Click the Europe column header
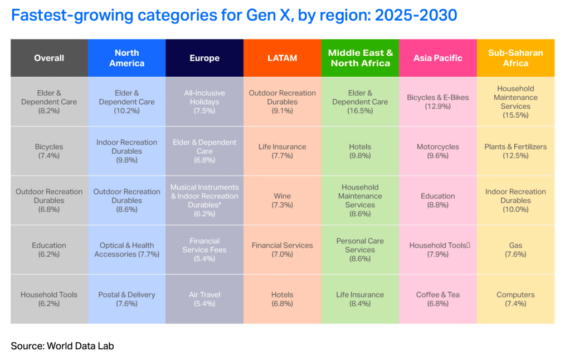(204, 58)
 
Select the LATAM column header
(282, 58)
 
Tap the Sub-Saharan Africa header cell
(515, 58)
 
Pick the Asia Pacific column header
(438, 58)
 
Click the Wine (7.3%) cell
(282, 201)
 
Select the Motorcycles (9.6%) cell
(438, 152)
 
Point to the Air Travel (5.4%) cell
(204, 299)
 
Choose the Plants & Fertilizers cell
(515, 152)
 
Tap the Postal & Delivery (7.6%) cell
(126, 299)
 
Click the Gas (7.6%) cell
(515, 250)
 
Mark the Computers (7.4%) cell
(515, 299)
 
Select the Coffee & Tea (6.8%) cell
(438, 299)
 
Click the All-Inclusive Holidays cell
(204, 102)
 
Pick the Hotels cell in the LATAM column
(282, 299)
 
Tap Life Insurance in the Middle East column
(360, 299)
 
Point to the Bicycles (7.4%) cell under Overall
(49, 152)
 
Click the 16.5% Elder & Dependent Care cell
(360, 102)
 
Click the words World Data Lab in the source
(80, 346)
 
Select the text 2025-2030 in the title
(416, 15)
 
